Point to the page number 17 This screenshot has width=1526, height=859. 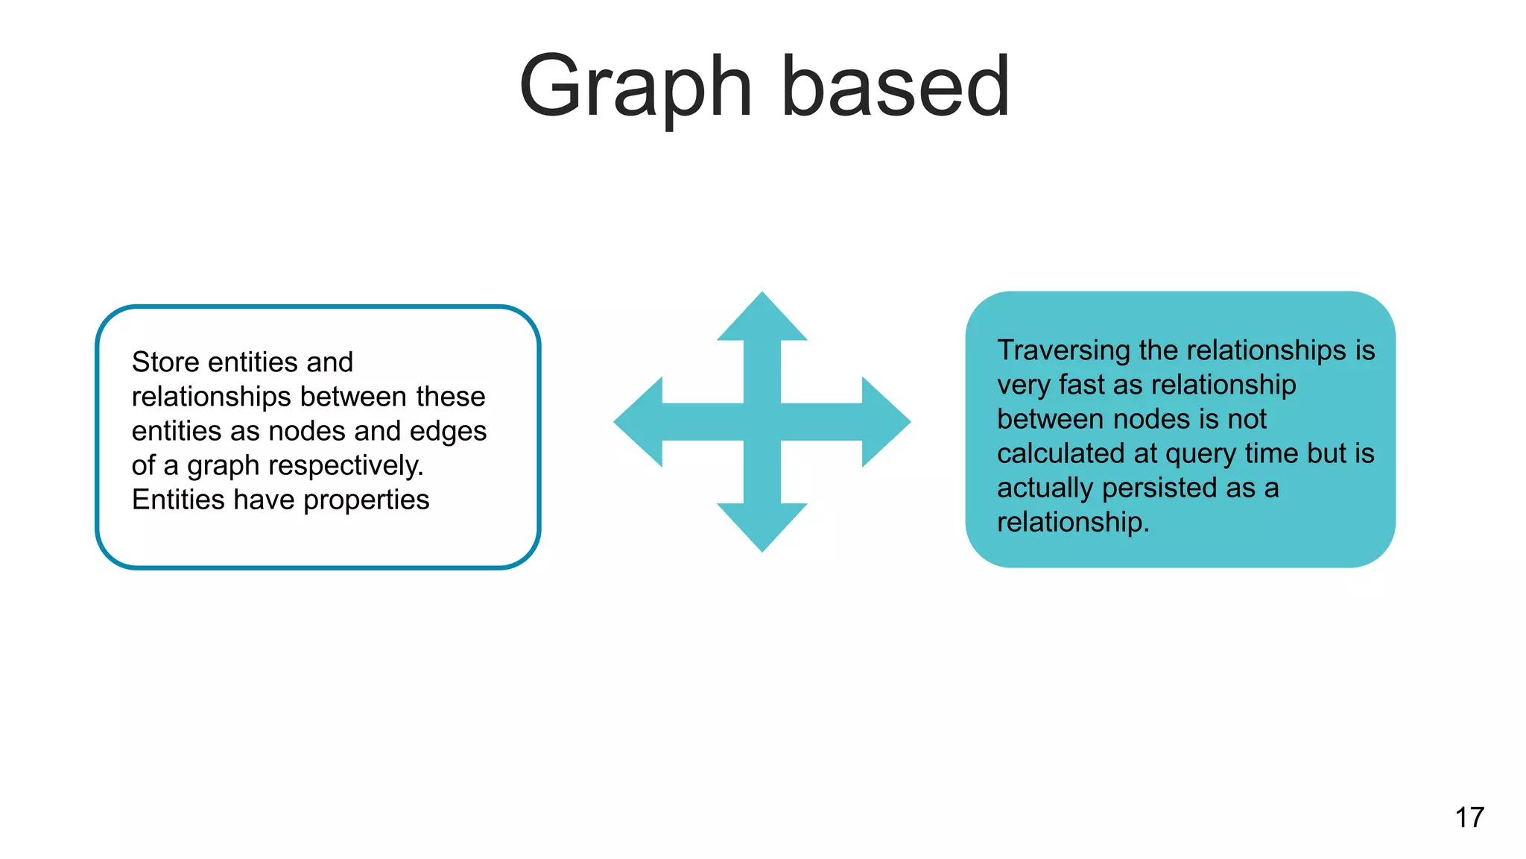(x=1469, y=817)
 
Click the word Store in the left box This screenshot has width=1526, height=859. (x=165, y=362)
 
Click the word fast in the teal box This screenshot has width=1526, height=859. (x=1082, y=385)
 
